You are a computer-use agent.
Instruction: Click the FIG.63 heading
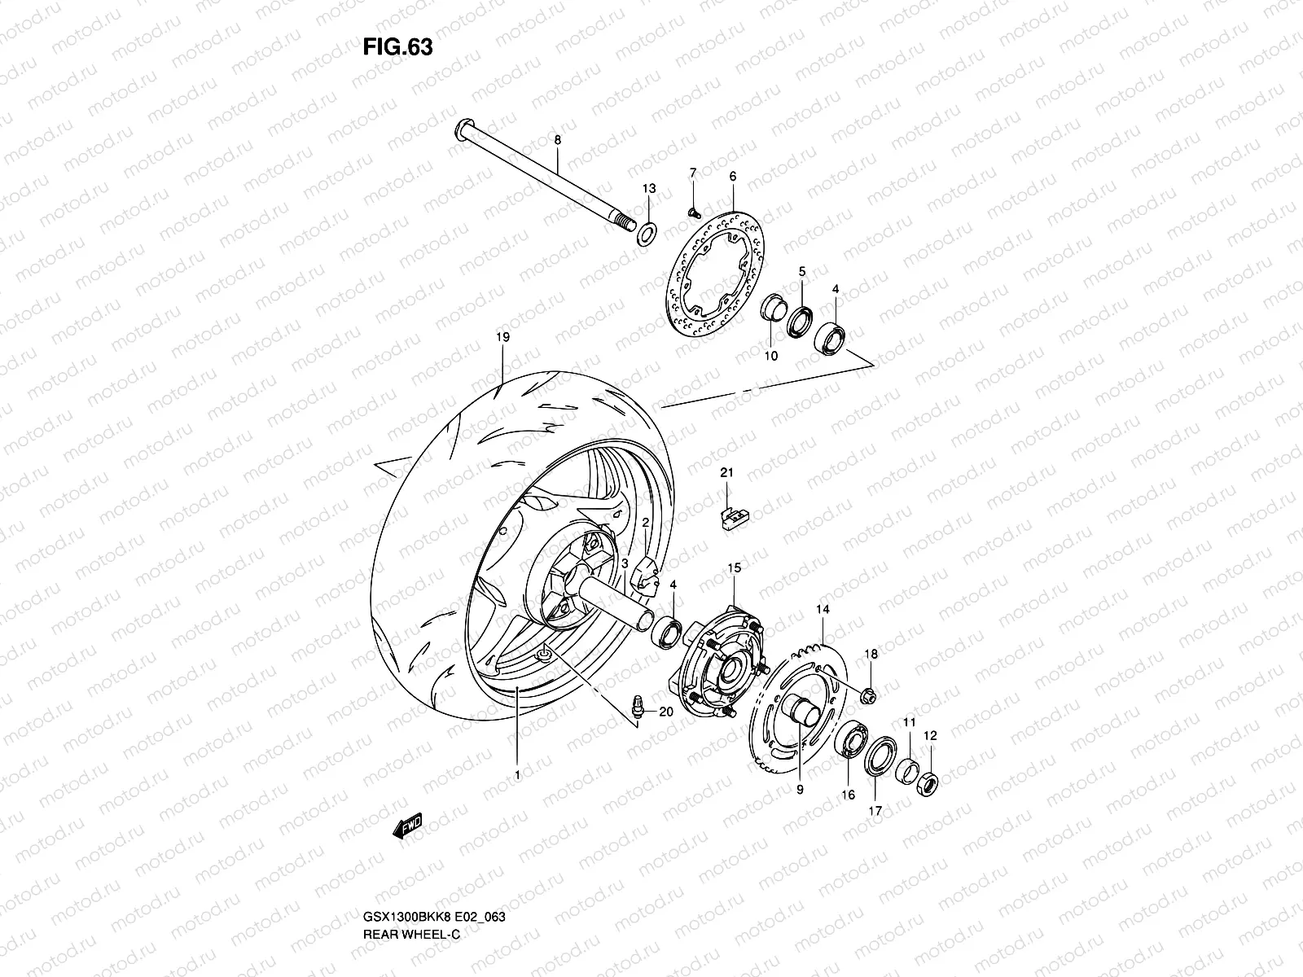tap(397, 47)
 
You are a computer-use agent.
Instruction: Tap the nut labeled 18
tap(868, 694)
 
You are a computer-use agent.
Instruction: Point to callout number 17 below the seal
tap(875, 810)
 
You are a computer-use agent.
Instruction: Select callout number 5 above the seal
tap(801, 270)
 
